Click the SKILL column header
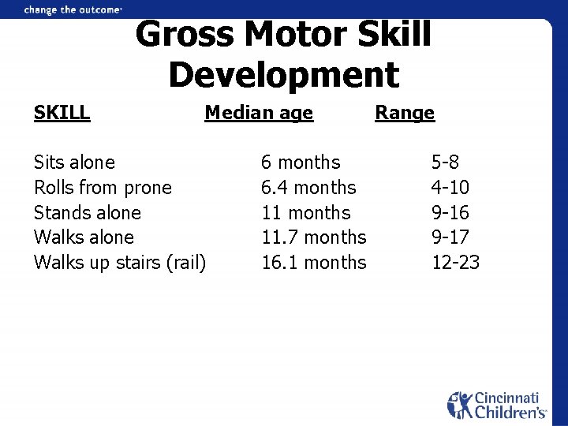point(62,113)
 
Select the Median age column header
point(259,113)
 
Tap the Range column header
point(405,113)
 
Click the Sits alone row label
point(74,163)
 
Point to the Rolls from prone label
point(103,188)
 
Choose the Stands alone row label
point(88,213)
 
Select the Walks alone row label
point(84,237)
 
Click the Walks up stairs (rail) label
point(120,263)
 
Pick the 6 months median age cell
point(301,163)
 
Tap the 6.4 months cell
point(308,188)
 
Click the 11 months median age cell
point(305,213)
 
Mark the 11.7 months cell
point(314,237)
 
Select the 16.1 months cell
point(314,263)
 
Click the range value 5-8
point(445,163)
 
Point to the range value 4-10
point(450,188)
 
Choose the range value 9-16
point(450,213)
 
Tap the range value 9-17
point(450,237)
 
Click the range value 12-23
point(455,263)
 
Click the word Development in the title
point(284,75)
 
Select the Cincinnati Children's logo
point(497,405)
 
